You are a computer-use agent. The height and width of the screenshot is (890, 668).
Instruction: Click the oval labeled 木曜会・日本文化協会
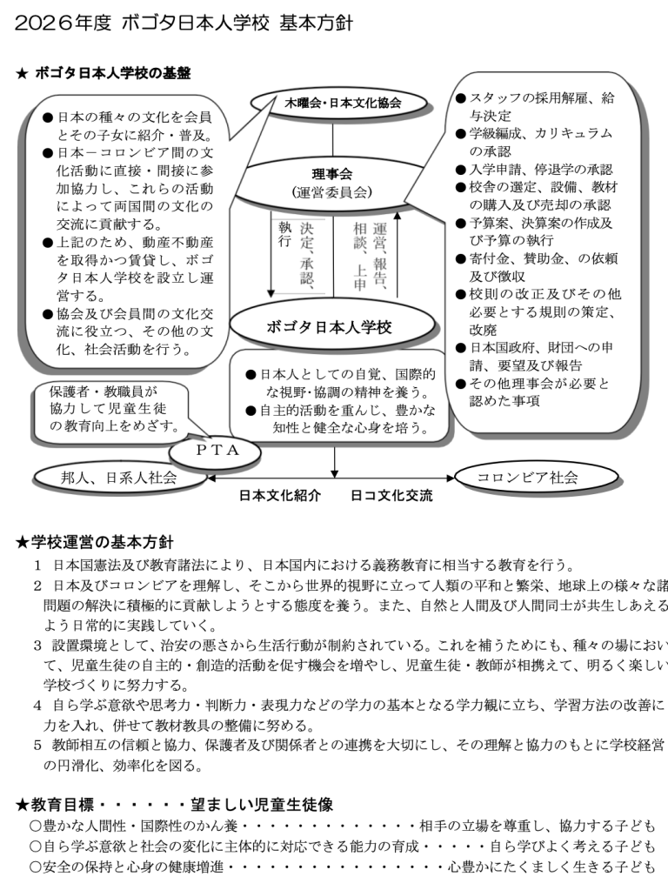pos(343,103)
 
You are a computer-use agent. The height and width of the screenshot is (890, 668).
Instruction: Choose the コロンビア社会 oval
pos(528,477)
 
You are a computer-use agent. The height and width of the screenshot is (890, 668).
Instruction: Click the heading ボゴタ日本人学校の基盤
pos(112,73)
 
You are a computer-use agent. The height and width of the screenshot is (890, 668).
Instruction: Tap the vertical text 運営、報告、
pos(379,253)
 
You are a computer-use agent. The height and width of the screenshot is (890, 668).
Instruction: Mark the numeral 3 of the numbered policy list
pos(37,645)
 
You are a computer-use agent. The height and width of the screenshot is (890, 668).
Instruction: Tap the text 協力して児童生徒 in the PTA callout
pos(109,409)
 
